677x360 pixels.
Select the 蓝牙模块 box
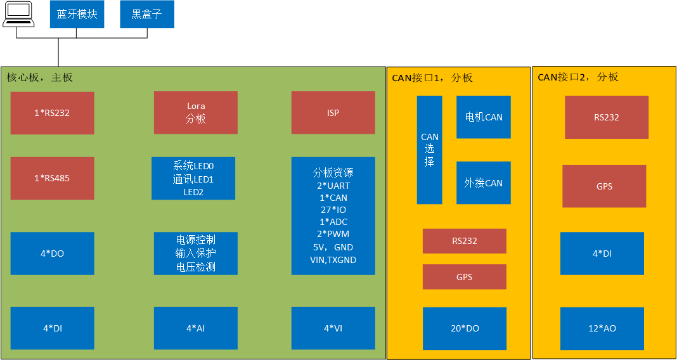coord(77,14)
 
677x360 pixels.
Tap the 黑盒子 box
coord(147,14)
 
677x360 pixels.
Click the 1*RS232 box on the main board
coord(52,113)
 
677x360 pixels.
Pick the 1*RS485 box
coord(52,178)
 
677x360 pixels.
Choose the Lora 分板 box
coord(196,113)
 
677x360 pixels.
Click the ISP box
coord(333,113)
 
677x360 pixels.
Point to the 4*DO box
coord(52,254)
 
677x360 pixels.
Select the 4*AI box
coord(196,328)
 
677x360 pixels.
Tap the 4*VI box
coord(333,328)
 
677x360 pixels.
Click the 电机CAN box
coord(484,117)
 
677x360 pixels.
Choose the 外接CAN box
coord(484,183)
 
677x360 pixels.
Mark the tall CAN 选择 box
coord(429,150)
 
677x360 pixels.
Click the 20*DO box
coord(465,328)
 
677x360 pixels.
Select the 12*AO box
coord(602,328)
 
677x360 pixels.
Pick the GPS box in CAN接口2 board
coord(604,186)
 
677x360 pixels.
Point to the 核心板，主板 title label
coord(40,77)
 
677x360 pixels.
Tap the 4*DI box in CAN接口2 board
coord(602,254)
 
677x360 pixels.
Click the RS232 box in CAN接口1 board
coord(465,241)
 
